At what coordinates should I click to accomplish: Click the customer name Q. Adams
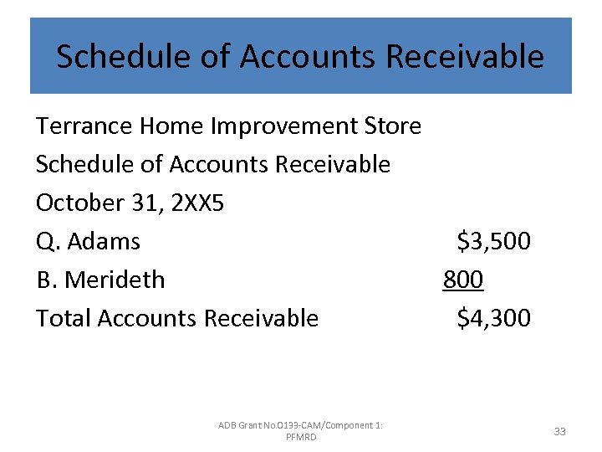tap(88, 242)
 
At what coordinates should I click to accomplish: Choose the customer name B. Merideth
tap(100, 280)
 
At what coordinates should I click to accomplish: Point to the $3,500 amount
tap(493, 242)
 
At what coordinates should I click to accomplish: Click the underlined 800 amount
tap(463, 280)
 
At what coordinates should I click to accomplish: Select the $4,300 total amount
tap(493, 318)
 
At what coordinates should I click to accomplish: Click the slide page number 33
tap(559, 431)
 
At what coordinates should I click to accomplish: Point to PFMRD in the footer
tap(301, 438)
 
